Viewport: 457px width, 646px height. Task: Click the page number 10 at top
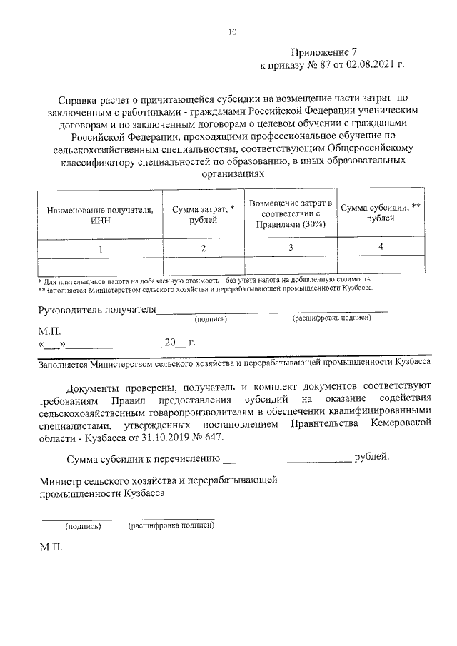(x=232, y=31)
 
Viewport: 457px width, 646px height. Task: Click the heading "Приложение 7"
(x=323, y=52)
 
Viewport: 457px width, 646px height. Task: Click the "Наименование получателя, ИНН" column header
(x=100, y=216)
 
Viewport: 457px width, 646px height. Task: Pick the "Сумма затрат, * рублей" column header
(x=204, y=215)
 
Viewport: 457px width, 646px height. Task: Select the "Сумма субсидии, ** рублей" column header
(x=380, y=213)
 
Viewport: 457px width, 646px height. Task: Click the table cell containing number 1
(x=101, y=248)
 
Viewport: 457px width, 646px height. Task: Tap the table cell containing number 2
(x=204, y=248)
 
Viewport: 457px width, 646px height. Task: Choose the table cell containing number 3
(x=291, y=247)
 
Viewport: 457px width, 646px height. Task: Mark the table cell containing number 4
(x=381, y=246)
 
